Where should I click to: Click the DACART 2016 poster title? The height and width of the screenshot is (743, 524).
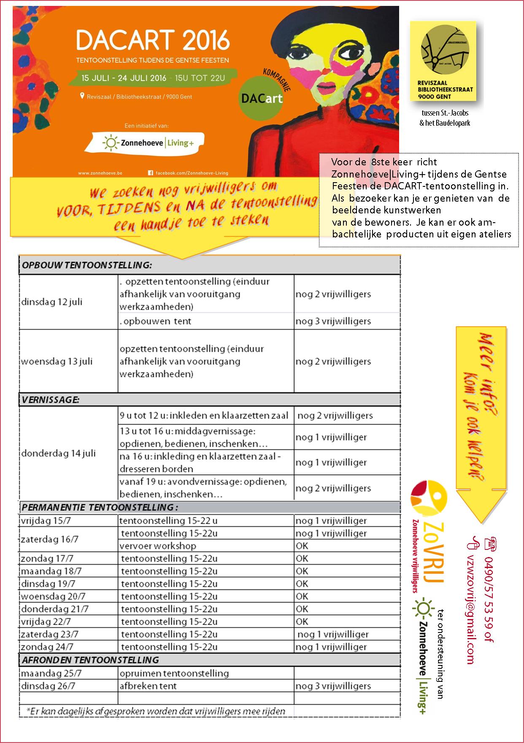(153, 40)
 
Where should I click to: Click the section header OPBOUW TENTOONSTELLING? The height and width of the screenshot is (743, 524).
(86, 265)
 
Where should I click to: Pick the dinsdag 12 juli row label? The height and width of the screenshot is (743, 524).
(51, 302)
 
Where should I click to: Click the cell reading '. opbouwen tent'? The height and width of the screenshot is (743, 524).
(156, 321)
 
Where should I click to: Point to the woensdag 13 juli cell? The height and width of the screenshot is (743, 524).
(57, 361)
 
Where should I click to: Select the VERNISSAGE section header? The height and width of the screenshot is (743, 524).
(51, 399)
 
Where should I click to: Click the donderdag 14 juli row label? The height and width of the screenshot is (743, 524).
(58, 453)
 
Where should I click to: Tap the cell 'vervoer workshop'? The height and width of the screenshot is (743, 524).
(158, 546)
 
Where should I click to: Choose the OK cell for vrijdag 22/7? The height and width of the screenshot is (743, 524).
(302, 622)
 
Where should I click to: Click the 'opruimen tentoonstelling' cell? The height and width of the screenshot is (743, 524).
(174, 673)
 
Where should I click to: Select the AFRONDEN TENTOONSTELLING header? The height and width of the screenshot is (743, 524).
(90, 660)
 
